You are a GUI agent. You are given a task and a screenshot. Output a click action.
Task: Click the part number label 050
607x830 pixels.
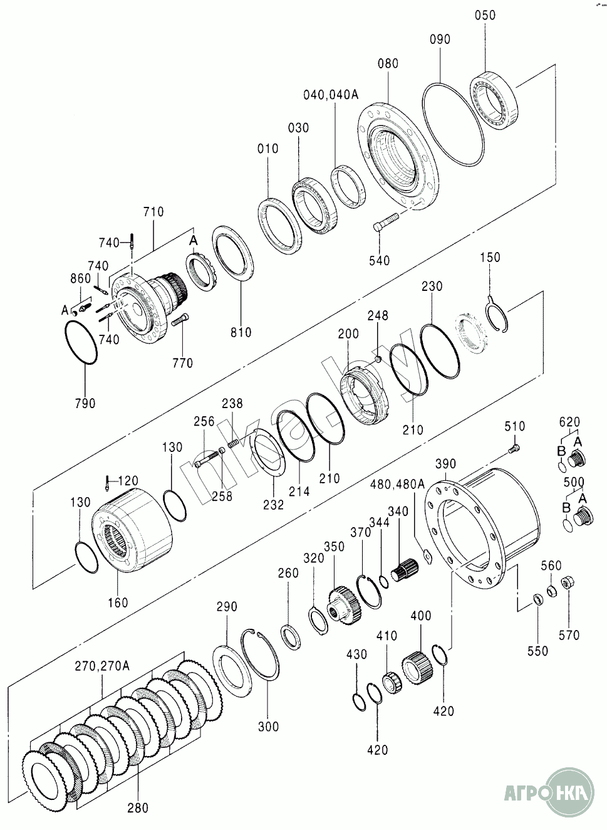click(x=485, y=16)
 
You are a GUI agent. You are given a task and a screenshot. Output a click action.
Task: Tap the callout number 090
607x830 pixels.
click(x=440, y=39)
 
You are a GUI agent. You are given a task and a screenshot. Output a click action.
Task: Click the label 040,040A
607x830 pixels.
click(x=331, y=95)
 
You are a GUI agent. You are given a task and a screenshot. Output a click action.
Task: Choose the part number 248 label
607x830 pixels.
click(x=378, y=316)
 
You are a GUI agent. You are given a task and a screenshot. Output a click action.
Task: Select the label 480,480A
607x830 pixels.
click(x=397, y=485)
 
